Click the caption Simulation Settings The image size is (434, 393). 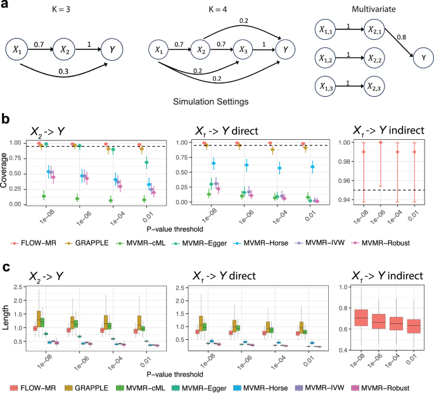(x=205, y=101)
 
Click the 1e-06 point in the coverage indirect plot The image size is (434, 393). (x=381, y=142)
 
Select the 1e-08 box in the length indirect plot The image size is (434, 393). (x=361, y=317)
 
